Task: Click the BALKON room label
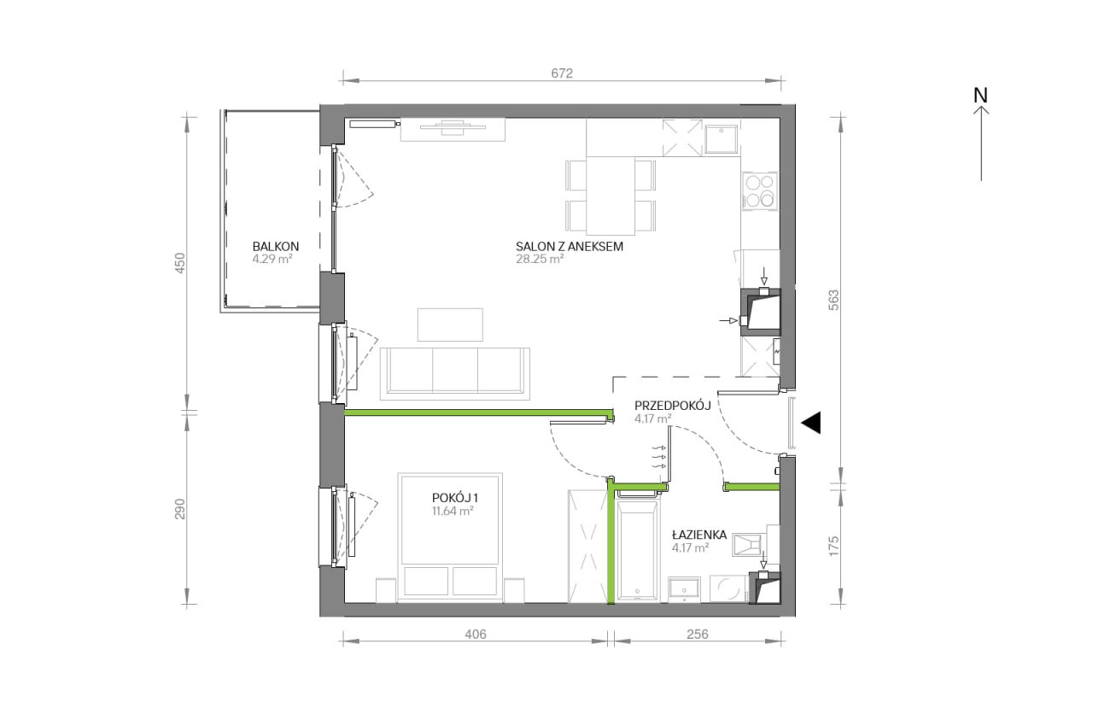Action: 276,247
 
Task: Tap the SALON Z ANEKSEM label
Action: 570,247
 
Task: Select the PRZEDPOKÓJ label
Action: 672,406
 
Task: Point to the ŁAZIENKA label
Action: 699,535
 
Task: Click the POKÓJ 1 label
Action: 455,498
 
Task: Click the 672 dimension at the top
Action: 562,73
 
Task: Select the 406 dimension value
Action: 476,634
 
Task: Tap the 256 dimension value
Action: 698,634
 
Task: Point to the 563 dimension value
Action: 833,300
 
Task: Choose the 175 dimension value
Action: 833,546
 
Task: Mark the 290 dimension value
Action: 180,508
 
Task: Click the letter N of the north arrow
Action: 980,96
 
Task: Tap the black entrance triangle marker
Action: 810,423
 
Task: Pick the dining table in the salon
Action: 611,196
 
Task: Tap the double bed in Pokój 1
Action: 450,535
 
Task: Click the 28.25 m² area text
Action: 540,259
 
